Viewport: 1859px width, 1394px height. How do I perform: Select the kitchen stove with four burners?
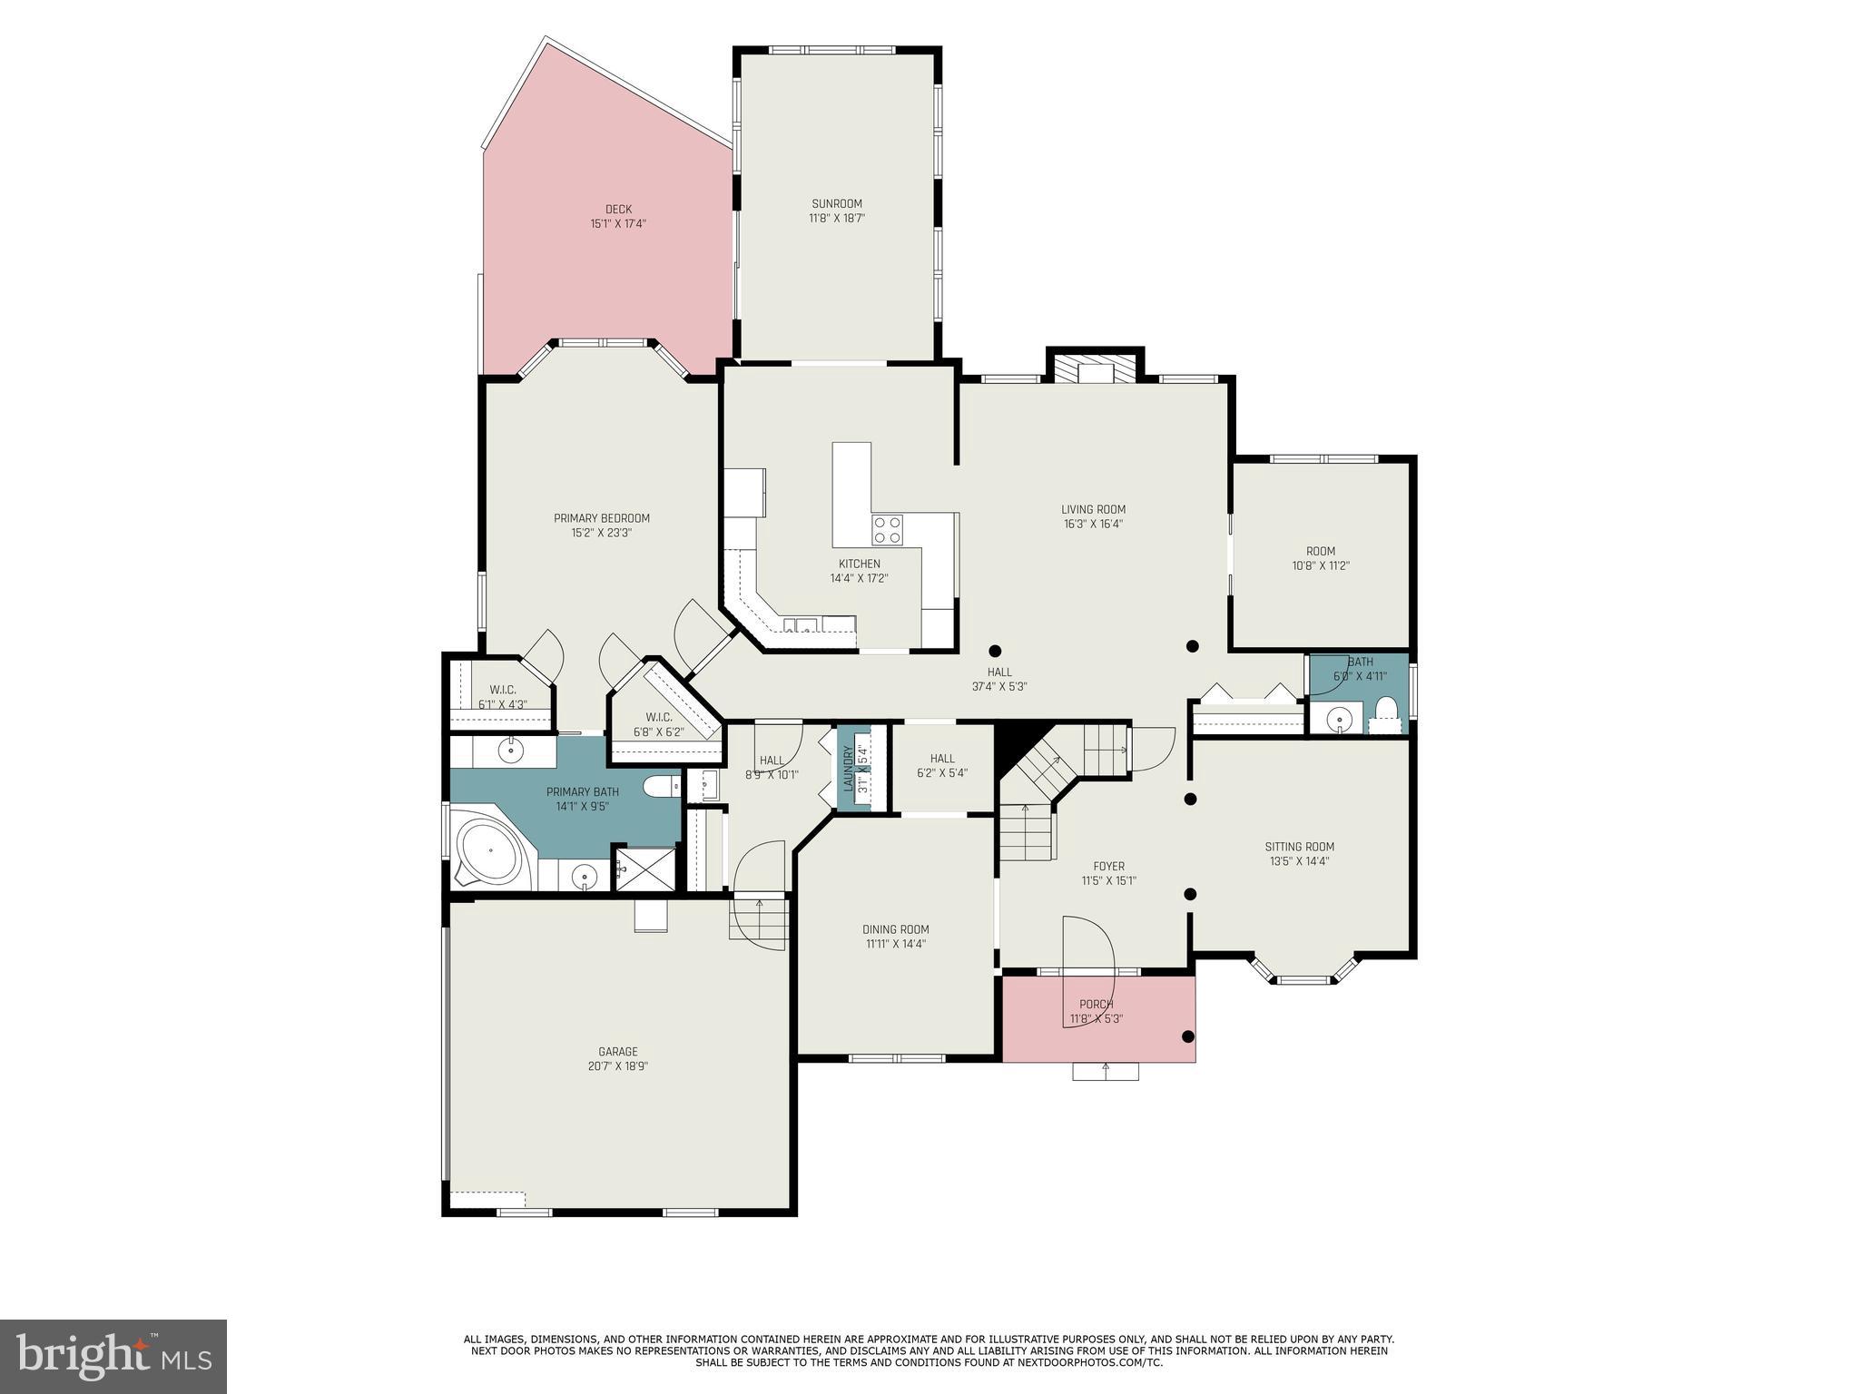pos(887,529)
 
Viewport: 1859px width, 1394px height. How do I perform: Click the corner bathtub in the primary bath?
pos(488,851)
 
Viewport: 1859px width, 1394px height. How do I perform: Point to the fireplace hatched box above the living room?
pos(1095,368)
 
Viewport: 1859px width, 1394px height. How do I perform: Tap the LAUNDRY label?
pos(849,768)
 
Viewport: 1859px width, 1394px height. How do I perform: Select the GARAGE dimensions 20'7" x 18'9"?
pos(617,1066)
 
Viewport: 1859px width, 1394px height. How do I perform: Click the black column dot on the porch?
pos(1187,1036)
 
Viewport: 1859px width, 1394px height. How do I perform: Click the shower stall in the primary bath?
pos(646,869)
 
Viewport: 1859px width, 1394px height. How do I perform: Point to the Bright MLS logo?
pos(113,1356)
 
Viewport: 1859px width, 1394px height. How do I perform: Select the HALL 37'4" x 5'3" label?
pos(998,680)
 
